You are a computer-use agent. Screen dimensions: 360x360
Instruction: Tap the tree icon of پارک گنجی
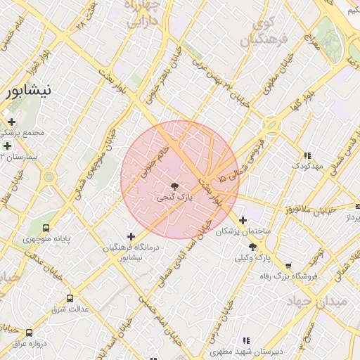click(x=174, y=187)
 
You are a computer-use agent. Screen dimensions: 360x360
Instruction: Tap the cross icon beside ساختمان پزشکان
click(x=243, y=219)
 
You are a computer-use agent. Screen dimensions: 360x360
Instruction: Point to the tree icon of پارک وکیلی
click(x=252, y=247)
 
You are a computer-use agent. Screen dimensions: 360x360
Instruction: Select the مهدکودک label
click(x=307, y=165)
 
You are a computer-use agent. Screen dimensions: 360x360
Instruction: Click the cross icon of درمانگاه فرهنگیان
click(x=131, y=236)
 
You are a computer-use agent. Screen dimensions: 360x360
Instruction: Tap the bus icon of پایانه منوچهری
click(x=46, y=228)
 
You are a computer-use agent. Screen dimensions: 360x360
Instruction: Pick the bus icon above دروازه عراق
click(x=29, y=333)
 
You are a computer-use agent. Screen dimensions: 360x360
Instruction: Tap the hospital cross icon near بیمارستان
click(x=7, y=146)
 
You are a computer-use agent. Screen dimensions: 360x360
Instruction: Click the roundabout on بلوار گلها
click(x=271, y=126)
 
